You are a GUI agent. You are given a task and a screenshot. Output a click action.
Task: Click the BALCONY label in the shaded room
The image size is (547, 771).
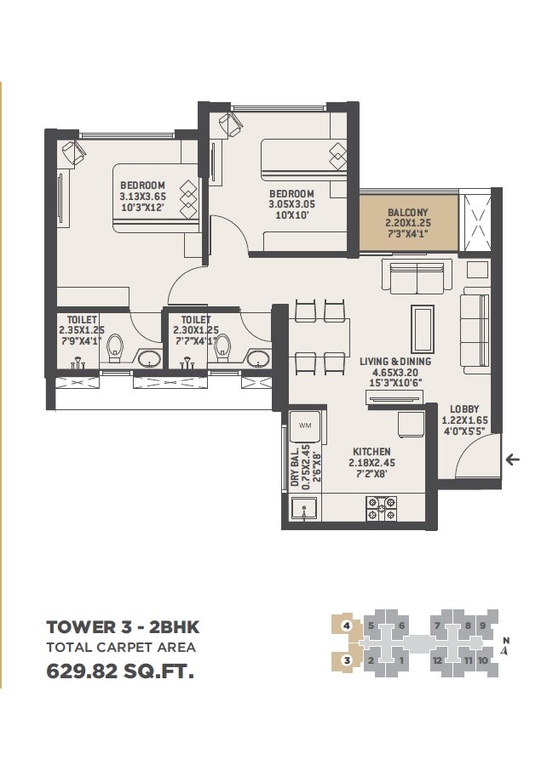pyautogui.click(x=408, y=212)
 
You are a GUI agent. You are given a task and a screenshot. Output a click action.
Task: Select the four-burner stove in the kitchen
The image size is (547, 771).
pyautogui.click(x=379, y=509)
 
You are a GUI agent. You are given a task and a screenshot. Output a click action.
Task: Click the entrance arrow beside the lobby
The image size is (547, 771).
pyautogui.click(x=512, y=460)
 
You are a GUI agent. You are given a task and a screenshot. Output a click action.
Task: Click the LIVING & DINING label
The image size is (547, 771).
pyautogui.click(x=394, y=361)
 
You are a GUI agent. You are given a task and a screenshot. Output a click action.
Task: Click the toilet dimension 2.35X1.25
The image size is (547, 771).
pyautogui.click(x=80, y=330)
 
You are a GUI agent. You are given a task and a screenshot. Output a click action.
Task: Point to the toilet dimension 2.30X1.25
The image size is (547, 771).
pyautogui.click(x=195, y=330)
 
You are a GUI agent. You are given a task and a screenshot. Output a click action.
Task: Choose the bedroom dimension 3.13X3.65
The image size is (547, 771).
pyautogui.click(x=142, y=197)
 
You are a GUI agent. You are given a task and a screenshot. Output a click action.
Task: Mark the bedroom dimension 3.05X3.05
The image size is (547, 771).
pyautogui.click(x=292, y=205)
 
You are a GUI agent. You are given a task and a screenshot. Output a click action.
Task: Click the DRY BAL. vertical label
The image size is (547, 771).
pyautogui.click(x=295, y=466)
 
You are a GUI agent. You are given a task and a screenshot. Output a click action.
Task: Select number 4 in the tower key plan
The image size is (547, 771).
pyautogui.click(x=346, y=625)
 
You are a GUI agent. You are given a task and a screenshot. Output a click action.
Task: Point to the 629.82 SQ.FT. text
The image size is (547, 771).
pyautogui.click(x=119, y=671)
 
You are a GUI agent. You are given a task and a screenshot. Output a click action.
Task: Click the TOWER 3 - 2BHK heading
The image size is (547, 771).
pyautogui.click(x=123, y=627)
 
